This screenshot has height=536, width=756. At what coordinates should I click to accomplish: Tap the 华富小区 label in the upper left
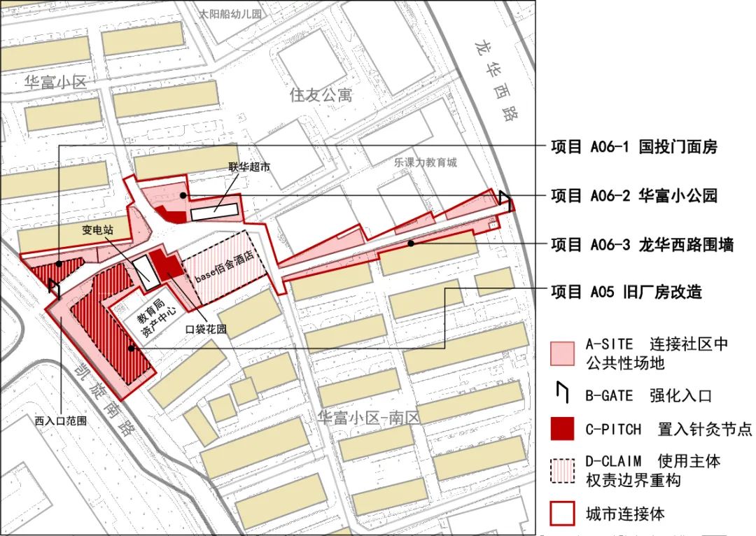pos(55,82)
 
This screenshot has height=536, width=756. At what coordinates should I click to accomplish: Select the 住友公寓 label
pos(321,94)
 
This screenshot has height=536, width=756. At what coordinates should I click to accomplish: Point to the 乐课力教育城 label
pos(425,162)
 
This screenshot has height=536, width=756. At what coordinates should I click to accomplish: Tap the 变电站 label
pos(97,229)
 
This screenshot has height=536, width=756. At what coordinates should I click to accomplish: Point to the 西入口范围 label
pos(60,421)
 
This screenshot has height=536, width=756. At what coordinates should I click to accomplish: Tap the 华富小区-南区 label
pos(368,418)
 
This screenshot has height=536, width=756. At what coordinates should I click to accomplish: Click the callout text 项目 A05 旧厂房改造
pos(626,292)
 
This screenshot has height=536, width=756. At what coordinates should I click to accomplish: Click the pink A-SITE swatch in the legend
pos(562,353)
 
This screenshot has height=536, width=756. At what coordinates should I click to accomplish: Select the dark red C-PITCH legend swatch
pos(562,429)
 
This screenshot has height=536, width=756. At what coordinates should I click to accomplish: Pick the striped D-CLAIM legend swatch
pos(562,471)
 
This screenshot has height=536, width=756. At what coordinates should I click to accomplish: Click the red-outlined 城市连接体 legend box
pos(562,514)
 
